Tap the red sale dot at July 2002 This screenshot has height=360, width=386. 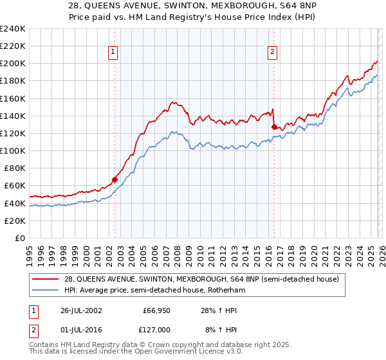pyautogui.click(x=115, y=179)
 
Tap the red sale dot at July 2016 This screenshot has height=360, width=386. pyautogui.click(x=275, y=127)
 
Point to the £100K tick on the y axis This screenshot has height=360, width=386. pyautogui.click(x=13, y=150)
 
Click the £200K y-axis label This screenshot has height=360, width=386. pyautogui.click(x=13, y=64)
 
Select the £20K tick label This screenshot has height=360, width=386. pyautogui.click(x=15, y=221)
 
